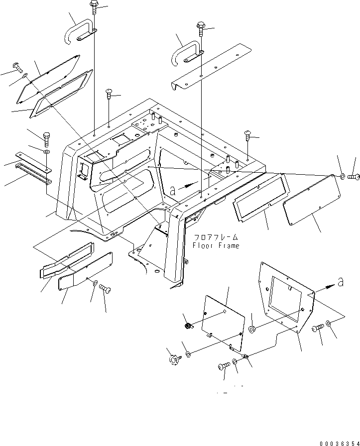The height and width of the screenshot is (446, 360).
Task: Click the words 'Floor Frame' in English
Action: pyautogui.click(x=215, y=245)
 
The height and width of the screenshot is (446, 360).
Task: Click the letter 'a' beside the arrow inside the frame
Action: pyautogui.click(x=173, y=190)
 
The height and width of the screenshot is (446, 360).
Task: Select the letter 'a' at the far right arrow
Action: pyautogui.click(x=341, y=282)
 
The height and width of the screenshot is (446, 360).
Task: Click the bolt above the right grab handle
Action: pyautogui.click(x=201, y=29)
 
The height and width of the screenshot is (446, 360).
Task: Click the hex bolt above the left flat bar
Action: pyautogui.click(x=47, y=136)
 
